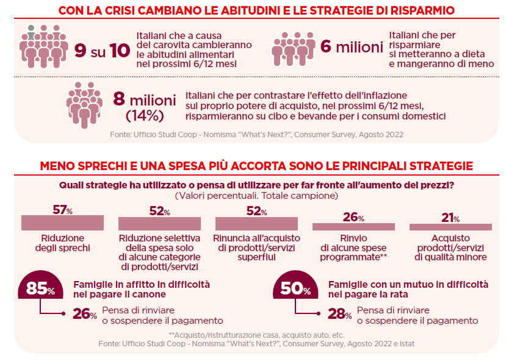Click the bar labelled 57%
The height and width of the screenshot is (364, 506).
point(60,223)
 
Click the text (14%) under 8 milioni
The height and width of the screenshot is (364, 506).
point(144,115)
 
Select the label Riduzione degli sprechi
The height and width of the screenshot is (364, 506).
point(60,243)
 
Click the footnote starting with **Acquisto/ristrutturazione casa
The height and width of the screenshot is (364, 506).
point(256,335)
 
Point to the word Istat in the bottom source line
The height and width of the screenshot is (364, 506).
point(405,344)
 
